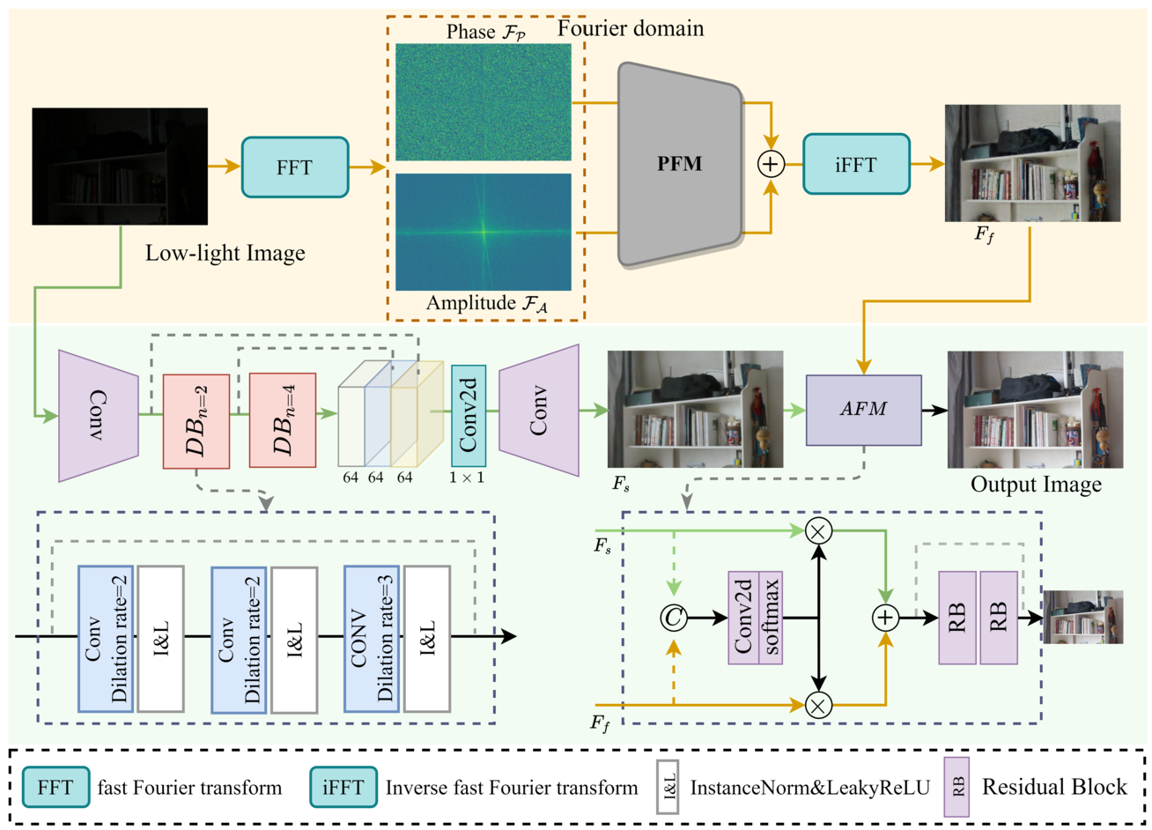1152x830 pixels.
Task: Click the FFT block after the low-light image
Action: (x=295, y=167)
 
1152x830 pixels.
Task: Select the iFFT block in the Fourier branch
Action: (x=856, y=164)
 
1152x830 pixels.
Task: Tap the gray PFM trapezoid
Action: (x=680, y=164)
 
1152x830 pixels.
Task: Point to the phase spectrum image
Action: (x=483, y=102)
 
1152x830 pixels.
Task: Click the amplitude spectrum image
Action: (x=483, y=232)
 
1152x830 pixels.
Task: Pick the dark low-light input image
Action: (x=120, y=167)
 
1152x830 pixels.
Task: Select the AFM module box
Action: (x=863, y=410)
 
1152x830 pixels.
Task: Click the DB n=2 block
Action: (x=196, y=421)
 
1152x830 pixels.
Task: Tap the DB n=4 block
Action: (x=283, y=420)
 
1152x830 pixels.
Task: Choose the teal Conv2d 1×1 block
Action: (x=469, y=416)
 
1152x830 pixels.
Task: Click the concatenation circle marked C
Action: (x=674, y=618)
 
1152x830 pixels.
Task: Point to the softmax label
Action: (x=771, y=618)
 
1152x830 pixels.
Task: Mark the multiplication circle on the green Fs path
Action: (x=818, y=531)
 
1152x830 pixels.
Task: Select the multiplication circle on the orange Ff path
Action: (x=818, y=705)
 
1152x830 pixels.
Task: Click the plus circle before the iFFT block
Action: (x=771, y=164)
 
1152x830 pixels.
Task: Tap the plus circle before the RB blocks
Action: (x=886, y=618)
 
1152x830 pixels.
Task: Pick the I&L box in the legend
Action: (x=668, y=788)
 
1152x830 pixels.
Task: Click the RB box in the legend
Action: (x=956, y=788)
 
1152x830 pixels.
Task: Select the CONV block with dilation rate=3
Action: (x=372, y=639)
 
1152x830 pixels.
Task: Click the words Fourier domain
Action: (x=631, y=28)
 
